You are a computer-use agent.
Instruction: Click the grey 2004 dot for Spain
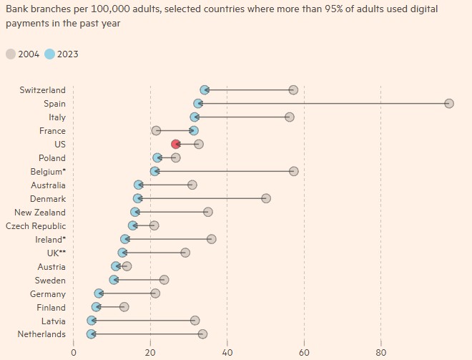tap(449, 104)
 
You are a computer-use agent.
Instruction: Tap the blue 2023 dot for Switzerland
tap(205, 90)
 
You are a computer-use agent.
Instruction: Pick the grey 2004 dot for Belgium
tap(293, 172)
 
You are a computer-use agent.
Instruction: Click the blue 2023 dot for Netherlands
tap(91, 334)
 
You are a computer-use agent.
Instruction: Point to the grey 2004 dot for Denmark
tap(266, 199)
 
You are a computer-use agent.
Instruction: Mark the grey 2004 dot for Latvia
tap(195, 321)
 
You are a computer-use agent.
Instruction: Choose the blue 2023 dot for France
tap(194, 131)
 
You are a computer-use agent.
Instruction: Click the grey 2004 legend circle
tap(11, 54)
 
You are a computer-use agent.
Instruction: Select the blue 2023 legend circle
tap(50, 54)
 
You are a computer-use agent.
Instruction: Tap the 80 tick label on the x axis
tap(380, 352)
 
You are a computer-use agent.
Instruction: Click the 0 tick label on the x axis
tap(74, 352)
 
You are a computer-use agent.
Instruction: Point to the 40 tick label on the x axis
tap(227, 352)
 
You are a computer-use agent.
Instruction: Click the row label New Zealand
tap(39, 213)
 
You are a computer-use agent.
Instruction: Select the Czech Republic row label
tap(35, 226)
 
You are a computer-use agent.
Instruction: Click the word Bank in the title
tap(18, 9)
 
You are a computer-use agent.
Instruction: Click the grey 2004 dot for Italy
tap(289, 117)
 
